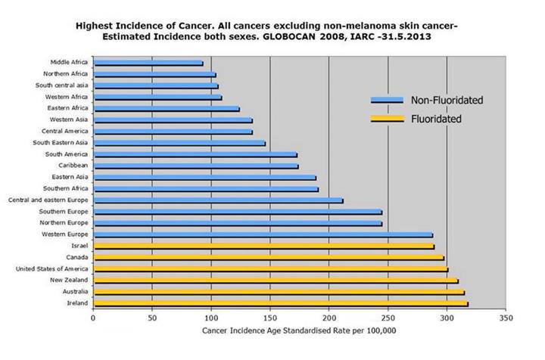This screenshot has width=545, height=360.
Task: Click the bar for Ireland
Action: pyautogui.click(x=167, y=303)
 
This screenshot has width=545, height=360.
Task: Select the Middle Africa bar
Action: pyautogui.click(x=148, y=63)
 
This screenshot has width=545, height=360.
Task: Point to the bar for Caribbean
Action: pyautogui.click(x=195, y=166)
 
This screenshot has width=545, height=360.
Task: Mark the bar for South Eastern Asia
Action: pyautogui.click(x=179, y=143)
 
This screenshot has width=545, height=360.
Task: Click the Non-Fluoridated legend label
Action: pyautogui.click(x=447, y=100)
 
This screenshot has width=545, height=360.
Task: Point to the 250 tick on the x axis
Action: pyautogui.click(x=388, y=318)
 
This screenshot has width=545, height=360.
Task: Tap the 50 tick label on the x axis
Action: pyautogui.click(x=152, y=318)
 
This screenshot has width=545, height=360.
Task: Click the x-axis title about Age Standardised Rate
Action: pyautogui.click(x=299, y=331)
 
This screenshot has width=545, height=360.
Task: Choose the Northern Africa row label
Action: pyautogui.click(x=66, y=74)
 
